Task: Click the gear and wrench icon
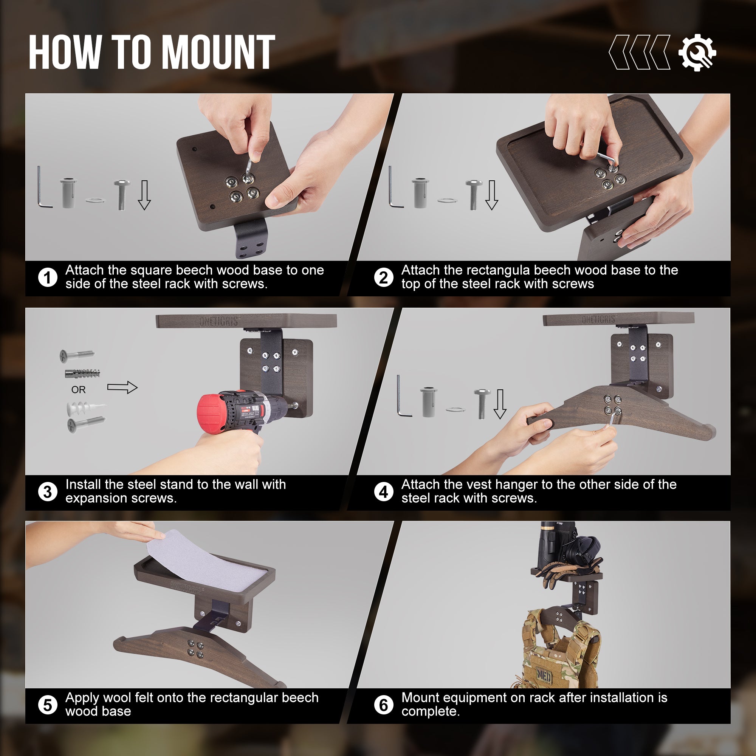click(697, 53)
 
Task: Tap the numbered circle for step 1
click(48, 277)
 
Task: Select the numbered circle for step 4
click(383, 492)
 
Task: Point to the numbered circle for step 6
click(383, 705)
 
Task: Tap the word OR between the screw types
click(78, 390)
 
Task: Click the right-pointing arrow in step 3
click(122, 387)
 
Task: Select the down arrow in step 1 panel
click(144, 195)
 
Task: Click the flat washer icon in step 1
click(96, 200)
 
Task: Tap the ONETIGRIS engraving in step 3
click(219, 321)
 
